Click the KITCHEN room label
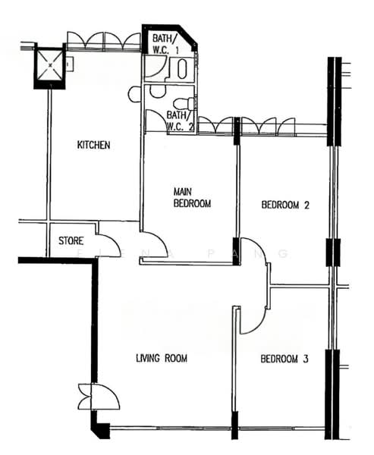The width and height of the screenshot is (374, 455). point(94,145)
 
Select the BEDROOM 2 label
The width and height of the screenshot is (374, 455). point(285,204)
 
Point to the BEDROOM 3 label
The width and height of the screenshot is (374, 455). point(284,359)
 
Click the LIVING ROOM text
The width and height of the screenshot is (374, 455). point(162,358)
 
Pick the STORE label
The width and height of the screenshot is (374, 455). point(71,241)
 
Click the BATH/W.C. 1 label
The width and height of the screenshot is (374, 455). point(165,44)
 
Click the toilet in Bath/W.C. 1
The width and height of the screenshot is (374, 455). point(182,69)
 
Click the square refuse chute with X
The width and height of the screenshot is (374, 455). point(51,65)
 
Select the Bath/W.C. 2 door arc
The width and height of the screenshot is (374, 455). point(156,121)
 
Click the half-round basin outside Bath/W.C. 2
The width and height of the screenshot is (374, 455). point(134,94)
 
